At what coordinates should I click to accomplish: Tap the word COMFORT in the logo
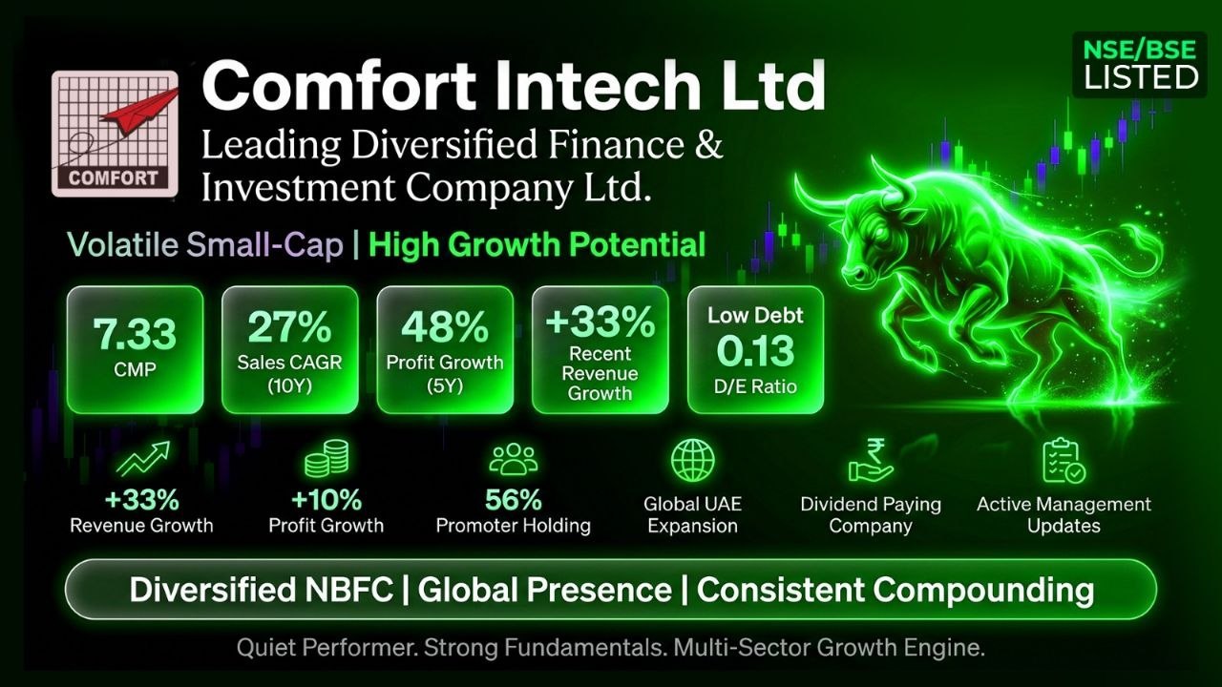113,177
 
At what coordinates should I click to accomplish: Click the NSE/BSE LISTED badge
1140,65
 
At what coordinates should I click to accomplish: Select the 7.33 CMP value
135,334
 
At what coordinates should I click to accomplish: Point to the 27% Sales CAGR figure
289,327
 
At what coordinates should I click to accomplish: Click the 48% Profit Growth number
445,327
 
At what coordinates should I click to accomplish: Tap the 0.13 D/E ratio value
755,350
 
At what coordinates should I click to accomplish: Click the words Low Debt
755,315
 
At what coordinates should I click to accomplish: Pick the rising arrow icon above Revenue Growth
143,459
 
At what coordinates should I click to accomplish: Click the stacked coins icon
327,459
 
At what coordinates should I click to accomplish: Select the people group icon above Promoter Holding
514,459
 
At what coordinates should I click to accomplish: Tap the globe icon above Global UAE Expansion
692,461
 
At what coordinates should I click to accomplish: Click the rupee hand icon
870,461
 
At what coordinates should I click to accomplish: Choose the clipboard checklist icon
1064,461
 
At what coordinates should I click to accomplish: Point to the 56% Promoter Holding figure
514,500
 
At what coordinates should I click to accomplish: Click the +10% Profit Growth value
327,500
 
